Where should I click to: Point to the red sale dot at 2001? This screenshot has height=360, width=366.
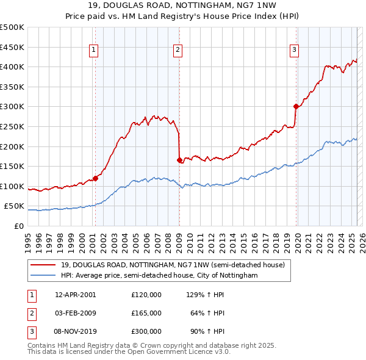[x=95, y=178]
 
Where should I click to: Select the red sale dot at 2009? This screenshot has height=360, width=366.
[x=179, y=160]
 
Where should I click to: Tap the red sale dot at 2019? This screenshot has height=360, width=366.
[x=296, y=106]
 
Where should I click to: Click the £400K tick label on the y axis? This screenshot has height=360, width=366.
[x=12, y=67]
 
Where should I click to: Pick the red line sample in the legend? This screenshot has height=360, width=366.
[x=44, y=265]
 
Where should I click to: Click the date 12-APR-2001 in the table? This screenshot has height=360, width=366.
[x=76, y=295]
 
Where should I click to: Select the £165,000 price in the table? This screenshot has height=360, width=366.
[x=146, y=313]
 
